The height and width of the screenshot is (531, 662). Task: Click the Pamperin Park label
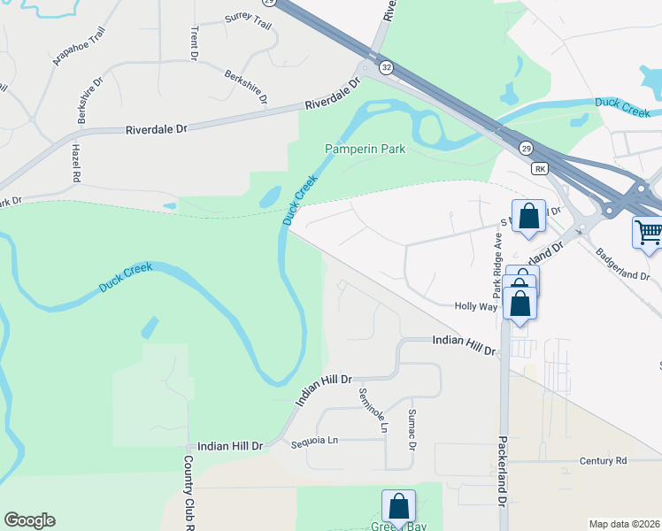pos(365,149)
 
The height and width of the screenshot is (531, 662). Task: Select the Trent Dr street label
pos(194,42)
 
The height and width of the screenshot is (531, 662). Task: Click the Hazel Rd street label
pos(77,165)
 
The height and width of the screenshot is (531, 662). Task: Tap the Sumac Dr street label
pos(412,428)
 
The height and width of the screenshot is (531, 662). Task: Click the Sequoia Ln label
pos(315,440)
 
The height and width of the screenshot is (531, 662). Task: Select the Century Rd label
pos(603,461)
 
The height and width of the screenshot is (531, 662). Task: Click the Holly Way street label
pos(475,306)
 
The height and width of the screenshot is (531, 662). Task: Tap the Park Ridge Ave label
pos(498,265)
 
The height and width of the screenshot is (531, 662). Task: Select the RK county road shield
pos(541,168)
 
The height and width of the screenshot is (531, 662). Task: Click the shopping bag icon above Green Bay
pos(399,506)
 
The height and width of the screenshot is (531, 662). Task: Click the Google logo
pos(29,520)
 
